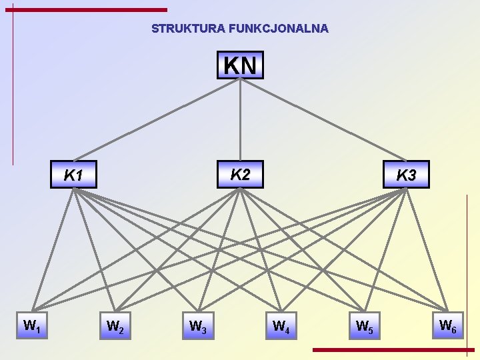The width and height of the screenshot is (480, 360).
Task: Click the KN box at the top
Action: (240, 65)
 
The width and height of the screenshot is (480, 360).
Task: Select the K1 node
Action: (73, 175)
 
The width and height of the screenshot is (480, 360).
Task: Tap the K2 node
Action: (240, 174)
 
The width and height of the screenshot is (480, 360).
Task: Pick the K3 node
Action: (406, 175)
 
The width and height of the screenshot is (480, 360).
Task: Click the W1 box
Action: (32, 326)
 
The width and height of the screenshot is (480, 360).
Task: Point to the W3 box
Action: (198, 327)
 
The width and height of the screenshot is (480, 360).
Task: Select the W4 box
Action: (281, 327)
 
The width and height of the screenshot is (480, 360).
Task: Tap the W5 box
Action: (364, 327)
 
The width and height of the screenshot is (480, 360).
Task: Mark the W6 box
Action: (447, 326)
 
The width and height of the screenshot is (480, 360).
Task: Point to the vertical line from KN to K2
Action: (240, 120)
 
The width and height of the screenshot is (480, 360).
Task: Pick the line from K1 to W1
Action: (53, 250)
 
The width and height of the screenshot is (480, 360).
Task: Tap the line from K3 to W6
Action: (427, 250)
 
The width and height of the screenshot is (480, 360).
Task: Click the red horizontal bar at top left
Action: (90, 9)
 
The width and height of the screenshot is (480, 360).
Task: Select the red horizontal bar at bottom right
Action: (393, 349)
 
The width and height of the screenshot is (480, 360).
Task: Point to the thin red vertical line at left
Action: (13, 87)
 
